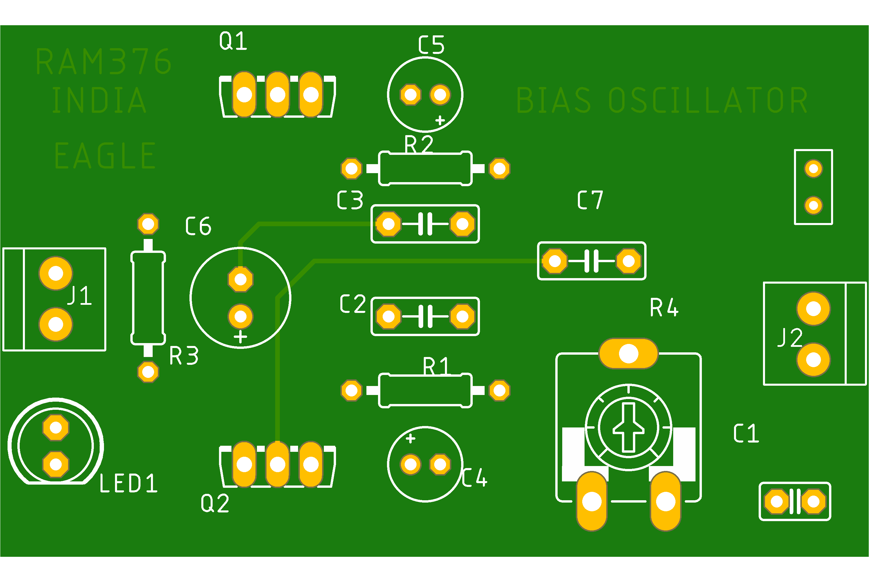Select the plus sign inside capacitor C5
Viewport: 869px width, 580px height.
click(x=440, y=120)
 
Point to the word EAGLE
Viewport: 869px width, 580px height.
click(x=105, y=156)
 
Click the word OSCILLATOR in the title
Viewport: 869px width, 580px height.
click(x=708, y=100)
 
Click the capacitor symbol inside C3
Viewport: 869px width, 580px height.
click(x=425, y=224)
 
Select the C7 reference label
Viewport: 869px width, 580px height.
click(x=590, y=200)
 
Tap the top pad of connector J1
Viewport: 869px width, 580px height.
click(x=56, y=273)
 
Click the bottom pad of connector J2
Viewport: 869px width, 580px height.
click(x=813, y=360)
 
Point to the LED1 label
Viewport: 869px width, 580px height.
click(x=128, y=483)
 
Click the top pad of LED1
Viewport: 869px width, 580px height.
click(x=56, y=427)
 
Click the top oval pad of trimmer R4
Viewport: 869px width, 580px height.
click(x=629, y=354)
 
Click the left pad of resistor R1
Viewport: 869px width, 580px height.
click(x=351, y=390)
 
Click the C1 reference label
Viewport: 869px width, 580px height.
click(x=746, y=433)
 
